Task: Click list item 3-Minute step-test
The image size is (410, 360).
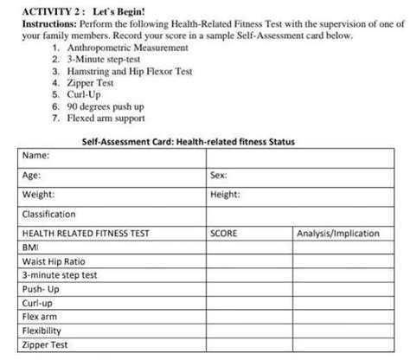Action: [95, 62]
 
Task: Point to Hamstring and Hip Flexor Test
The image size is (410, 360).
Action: [125, 74]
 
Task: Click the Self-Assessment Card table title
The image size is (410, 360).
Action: [202, 141]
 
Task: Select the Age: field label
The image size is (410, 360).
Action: [31, 176]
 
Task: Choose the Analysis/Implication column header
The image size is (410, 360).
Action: [338, 233]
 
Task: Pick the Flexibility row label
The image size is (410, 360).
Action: [42, 331]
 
